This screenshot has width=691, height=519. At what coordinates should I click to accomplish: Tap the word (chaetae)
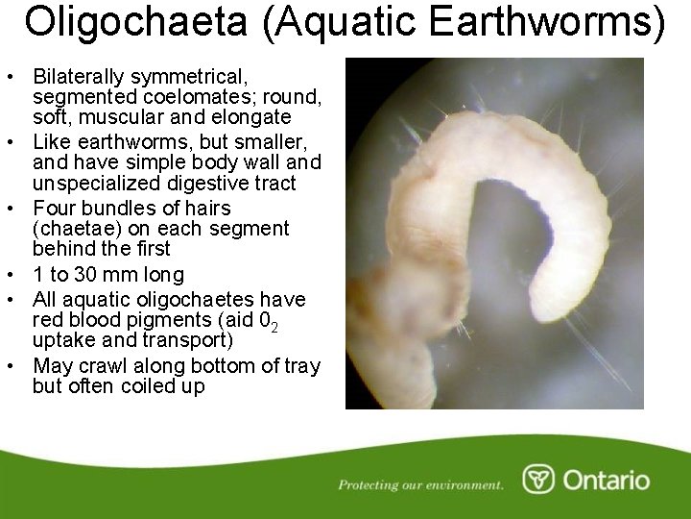pos(77,229)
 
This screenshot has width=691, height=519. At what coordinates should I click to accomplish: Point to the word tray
pos(301,366)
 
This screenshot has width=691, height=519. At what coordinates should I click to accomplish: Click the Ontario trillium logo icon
pos(538,479)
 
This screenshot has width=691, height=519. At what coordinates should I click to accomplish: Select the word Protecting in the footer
pos(369,484)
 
